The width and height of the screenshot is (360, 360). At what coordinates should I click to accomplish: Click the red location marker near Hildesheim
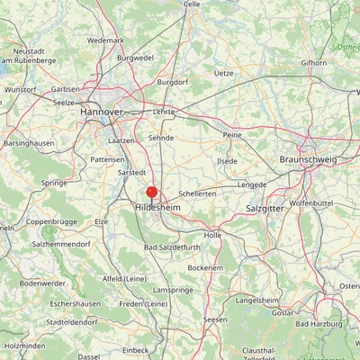click(152, 192)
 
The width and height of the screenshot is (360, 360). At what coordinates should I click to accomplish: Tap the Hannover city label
click(101, 111)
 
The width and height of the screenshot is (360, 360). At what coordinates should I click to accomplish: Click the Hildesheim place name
click(158, 206)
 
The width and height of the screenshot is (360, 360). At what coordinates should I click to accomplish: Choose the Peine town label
click(232, 134)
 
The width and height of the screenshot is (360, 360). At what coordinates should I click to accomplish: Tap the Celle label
click(192, 4)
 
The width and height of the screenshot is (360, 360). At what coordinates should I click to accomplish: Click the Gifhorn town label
click(314, 63)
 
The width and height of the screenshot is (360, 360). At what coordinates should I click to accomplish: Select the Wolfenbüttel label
click(311, 203)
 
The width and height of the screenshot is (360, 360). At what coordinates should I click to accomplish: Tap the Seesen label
click(215, 319)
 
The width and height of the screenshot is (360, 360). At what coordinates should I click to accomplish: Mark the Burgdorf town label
click(174, 82)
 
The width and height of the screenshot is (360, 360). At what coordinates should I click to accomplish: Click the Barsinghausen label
click(30, 142)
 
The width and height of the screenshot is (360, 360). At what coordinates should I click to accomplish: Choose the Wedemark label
click(106, 40)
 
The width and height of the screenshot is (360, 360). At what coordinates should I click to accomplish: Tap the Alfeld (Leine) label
click(125, 279)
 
